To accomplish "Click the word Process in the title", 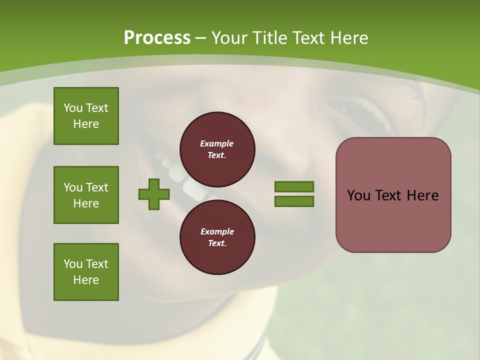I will coord(157,38).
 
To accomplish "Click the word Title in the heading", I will coord(270,38).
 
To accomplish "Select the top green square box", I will coord(86,116).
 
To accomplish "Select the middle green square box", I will coord(86,195).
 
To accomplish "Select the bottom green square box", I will coord(86,272).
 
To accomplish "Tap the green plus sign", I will coord(154,194).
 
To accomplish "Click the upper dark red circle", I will coord(217,149).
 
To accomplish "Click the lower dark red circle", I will coord(217,237).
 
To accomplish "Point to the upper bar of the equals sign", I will coord(294,187).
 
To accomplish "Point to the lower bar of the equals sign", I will coord(294,201).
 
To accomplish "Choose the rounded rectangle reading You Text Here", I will coord(393,195).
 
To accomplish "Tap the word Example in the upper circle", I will coord(217,143).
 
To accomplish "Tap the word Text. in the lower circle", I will coord(217,243).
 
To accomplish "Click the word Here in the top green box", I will coord(86,124).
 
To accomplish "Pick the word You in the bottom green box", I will coord(73,264).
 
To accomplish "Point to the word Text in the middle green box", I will coord(96,187).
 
